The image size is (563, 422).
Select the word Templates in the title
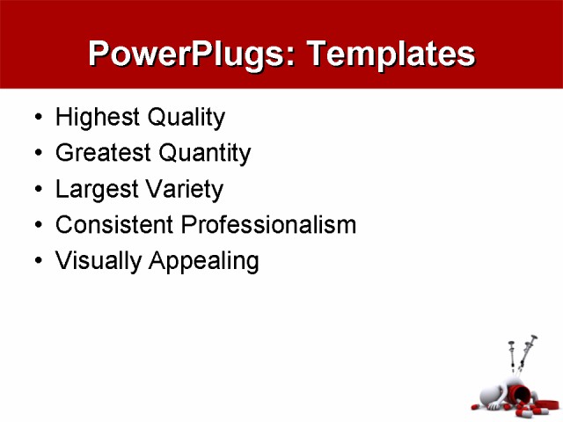[x=390, y=55]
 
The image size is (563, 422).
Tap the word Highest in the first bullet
[x=91, y=117]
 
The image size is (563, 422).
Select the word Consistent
[x=113, y=225]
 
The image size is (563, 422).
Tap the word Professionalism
[x=268, y=225]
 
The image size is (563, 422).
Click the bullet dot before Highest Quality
[x=36, y=118]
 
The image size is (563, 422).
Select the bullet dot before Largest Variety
[x=36, y=190]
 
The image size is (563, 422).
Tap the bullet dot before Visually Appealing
[x=36, y=262]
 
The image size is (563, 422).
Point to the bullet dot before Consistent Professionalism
[x=36, y=226]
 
